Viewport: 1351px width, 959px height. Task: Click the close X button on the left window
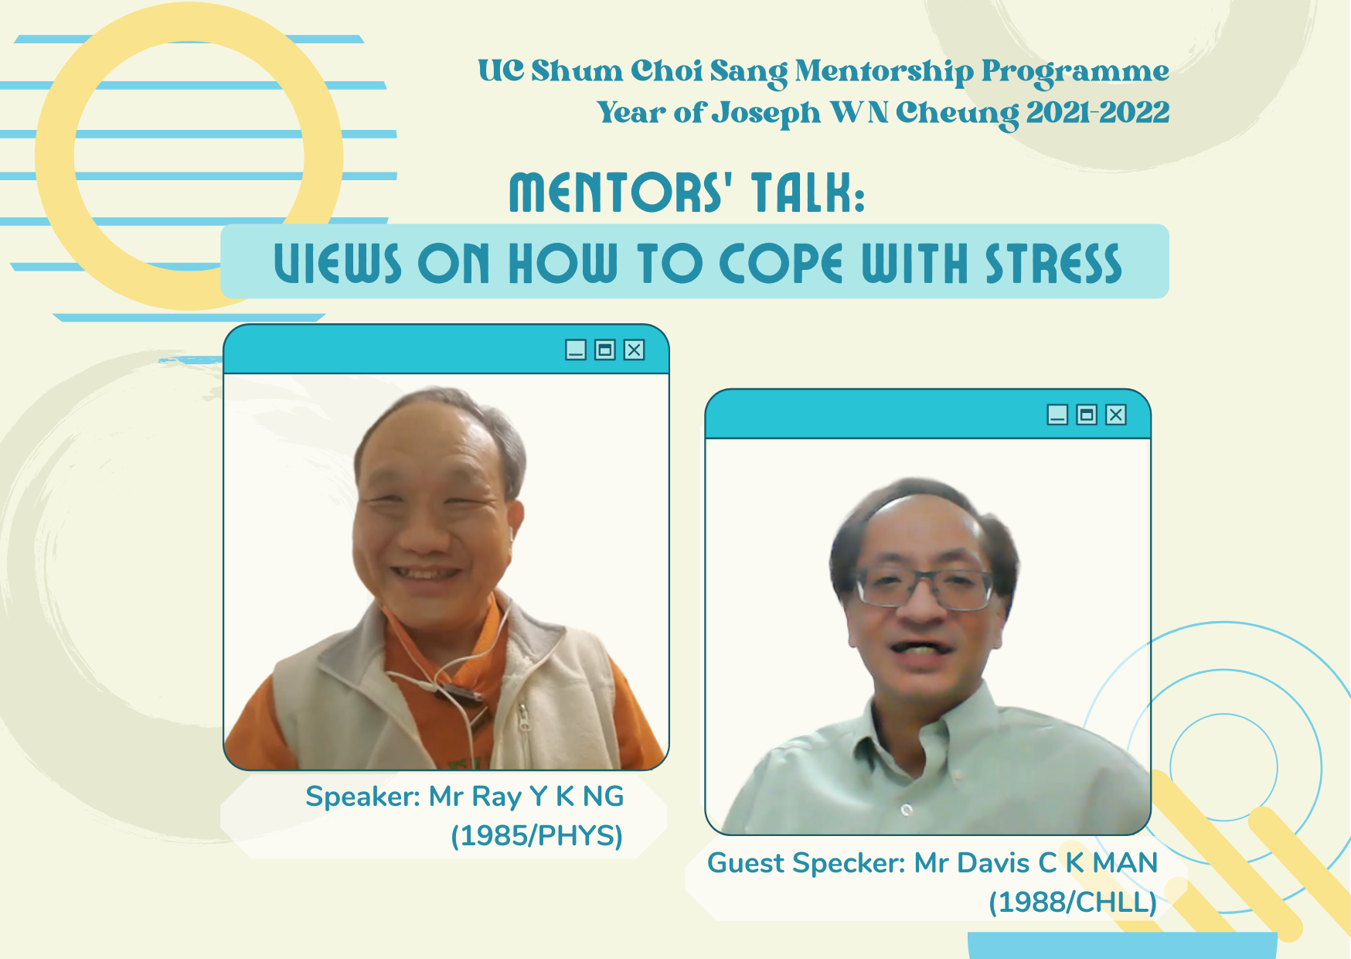(635, 350)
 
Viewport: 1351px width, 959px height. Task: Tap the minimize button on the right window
(1057, 415)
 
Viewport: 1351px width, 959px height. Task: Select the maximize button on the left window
(605, 350)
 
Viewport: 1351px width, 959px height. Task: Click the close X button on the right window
(1116, 415)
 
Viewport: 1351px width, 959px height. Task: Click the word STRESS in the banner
(1053, 264)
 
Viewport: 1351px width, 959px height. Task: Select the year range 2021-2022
(1097, 113)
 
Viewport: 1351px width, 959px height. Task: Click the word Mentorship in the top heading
(884, 72)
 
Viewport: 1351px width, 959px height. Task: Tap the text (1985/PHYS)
(537, 836)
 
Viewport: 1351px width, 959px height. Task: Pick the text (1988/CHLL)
(1073, 903)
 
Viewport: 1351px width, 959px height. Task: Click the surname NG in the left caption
(604, 797)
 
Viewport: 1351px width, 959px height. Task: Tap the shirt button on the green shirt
(907, 810)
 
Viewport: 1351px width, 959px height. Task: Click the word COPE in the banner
(781, 264)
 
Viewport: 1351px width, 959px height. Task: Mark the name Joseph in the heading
(766, 114)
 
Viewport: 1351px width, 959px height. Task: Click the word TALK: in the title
(808, 193)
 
